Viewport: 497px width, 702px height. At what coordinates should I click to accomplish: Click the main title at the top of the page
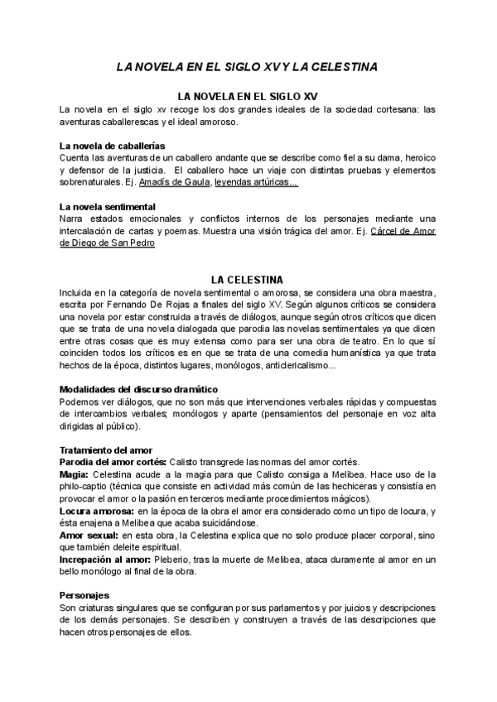[248, 65]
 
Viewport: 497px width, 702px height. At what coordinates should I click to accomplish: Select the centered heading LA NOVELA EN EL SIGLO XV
[248, 96]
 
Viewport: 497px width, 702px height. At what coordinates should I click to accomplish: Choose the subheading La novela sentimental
[108, 206]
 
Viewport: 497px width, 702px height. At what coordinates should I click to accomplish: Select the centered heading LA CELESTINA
[248, 280]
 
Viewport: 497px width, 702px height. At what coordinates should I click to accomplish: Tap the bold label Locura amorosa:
[99, 510]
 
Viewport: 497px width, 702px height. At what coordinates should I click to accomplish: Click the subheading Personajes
[84, 595]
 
